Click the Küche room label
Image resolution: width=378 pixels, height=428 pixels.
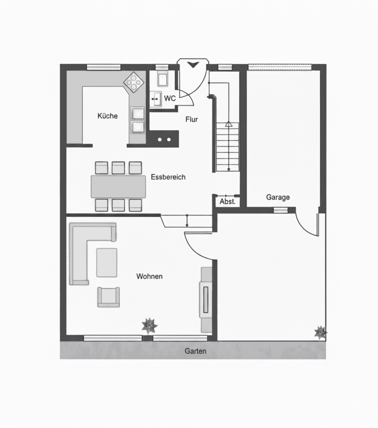pos(107,116)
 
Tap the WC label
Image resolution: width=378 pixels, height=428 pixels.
pos(170,98)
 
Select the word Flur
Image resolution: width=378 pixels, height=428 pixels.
pos(192,119)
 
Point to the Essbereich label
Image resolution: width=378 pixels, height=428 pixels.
pos(168,177)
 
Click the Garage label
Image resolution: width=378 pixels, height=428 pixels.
pos(278,197)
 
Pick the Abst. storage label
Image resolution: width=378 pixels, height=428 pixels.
pos(227,201)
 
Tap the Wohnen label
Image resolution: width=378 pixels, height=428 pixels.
pos(149,276)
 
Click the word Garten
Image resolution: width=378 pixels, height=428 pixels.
pos(195,351)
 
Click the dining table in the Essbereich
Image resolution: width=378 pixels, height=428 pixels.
pos(119,186)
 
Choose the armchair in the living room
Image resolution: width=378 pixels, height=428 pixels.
pos(109,297)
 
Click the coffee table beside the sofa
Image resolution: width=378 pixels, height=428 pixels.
pos(107,262)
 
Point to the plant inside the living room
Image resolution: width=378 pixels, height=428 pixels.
pos(150,326)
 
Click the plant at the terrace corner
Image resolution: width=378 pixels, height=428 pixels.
pos(320,332)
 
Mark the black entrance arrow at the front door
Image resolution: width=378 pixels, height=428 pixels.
pos(192,65)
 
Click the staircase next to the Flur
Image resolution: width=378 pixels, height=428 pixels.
pos(228,147)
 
